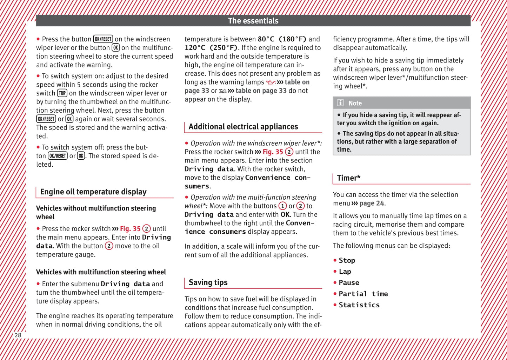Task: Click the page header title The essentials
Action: tap(253, 21)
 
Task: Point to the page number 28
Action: tap(18, 335)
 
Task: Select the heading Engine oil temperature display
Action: tap(93, 192)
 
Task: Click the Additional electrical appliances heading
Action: tap(243, 127)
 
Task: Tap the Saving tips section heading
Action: tap(208, 282)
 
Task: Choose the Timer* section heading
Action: tap(349, 178)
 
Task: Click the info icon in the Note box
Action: tap(340, 103)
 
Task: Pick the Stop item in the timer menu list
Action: tap(347, 260)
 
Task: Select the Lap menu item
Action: tap(345, 272)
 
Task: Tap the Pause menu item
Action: tap(349, 283)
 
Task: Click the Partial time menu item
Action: tap(363, 294)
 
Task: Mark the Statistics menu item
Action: tap(359, 305)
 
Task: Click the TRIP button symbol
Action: tap(62, 93)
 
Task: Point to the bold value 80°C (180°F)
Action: tap(282, 39)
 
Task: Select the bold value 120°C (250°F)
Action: tap(211, 48)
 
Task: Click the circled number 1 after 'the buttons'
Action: tap(282, 206)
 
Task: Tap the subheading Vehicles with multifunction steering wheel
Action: tap(101, 272)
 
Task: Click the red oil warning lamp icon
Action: tap(271, 82)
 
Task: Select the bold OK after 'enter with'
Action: tap(285, 214)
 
